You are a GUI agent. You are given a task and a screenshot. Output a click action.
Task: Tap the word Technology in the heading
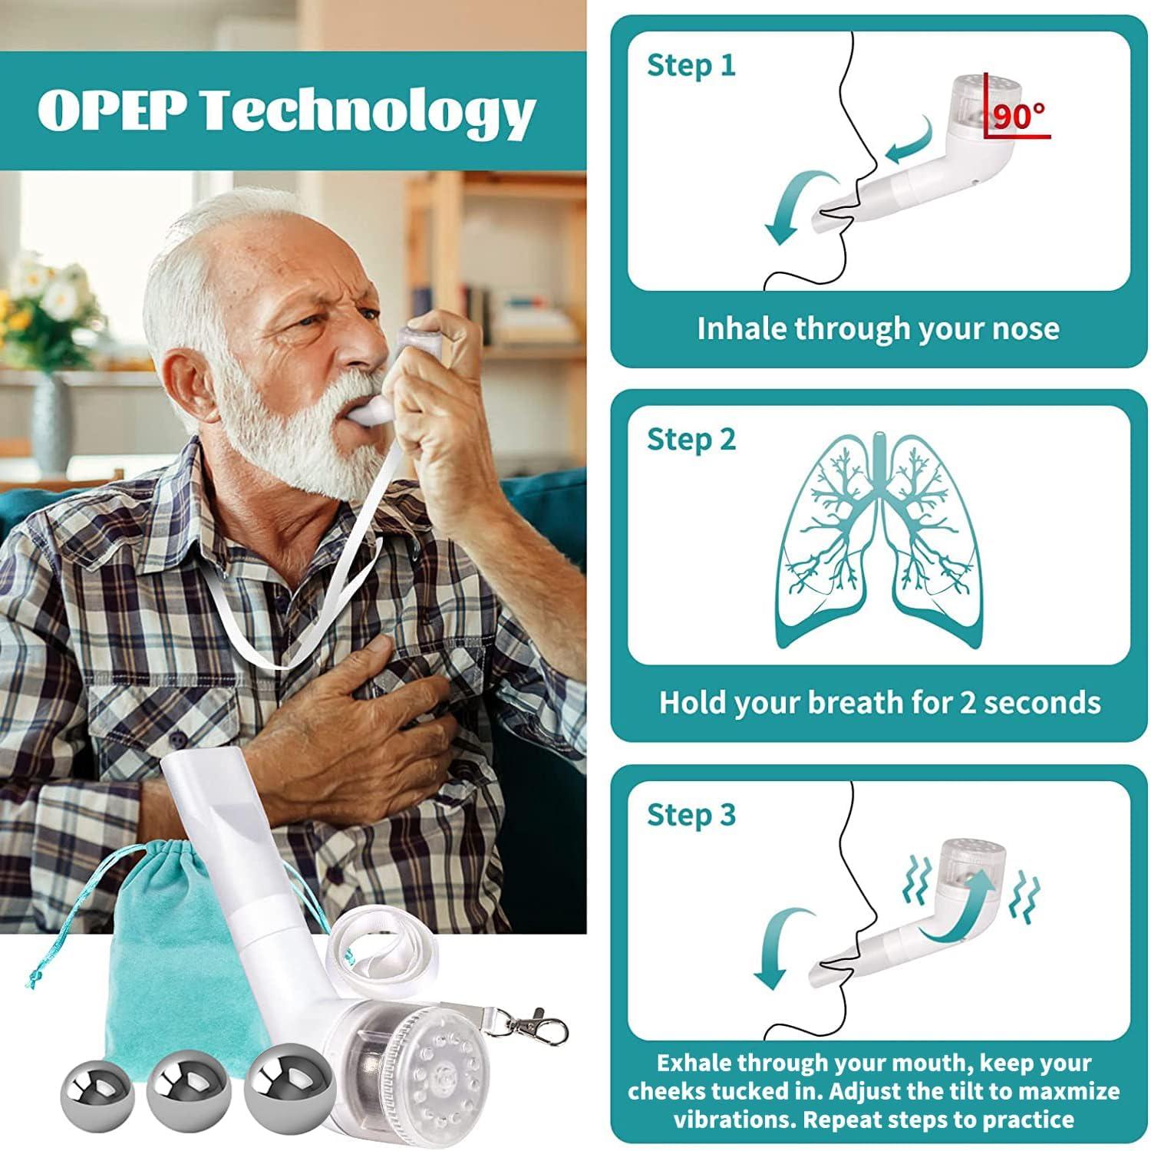coord(368,112)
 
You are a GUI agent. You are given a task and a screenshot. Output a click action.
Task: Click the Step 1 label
coord(691,65)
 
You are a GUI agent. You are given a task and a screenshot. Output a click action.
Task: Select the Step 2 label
coord(691,440)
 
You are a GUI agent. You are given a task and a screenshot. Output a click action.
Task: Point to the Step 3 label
coord(691,815)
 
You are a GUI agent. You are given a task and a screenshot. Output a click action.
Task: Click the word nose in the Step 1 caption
coord(1026,328)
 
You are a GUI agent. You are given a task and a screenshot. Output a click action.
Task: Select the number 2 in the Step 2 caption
coord(968,703)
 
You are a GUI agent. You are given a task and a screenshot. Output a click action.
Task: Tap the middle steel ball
coord(184,1083)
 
